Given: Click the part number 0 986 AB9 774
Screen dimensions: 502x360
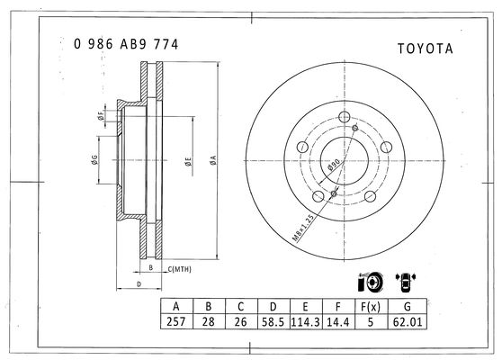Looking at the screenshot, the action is [126, 44].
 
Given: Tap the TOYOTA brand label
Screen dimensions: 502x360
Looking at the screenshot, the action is [426, 49].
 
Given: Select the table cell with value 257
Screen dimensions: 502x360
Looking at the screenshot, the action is [176, 321].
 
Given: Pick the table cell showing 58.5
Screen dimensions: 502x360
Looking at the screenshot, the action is [273, 321].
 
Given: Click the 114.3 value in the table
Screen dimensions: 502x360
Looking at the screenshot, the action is [305, 321].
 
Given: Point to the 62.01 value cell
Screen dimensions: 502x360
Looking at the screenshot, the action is [408, 321].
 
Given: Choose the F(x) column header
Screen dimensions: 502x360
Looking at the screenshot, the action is [371, 307].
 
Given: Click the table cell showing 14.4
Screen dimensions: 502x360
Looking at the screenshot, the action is [338, 321].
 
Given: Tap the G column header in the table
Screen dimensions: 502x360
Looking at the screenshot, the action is [408, 307].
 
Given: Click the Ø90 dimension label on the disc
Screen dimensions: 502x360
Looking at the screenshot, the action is [334, 165].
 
